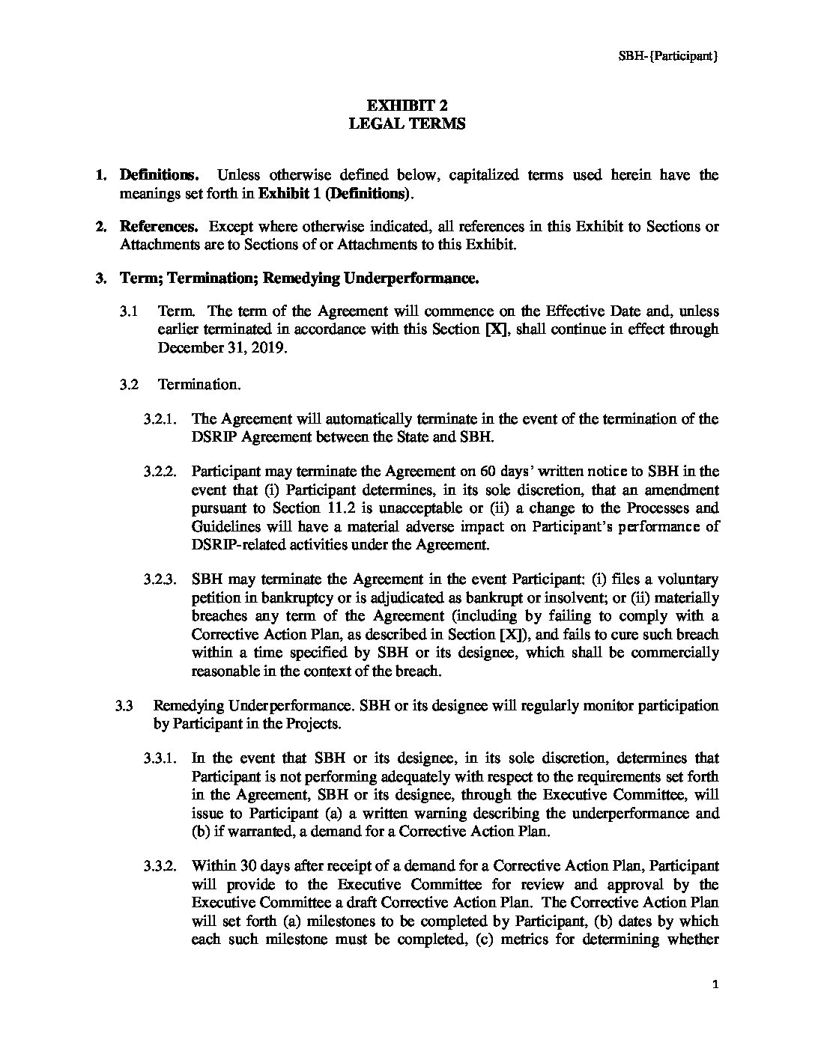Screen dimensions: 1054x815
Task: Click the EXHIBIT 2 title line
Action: (x=407, y=106)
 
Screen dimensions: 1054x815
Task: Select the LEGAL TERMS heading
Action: (x=407, y=124)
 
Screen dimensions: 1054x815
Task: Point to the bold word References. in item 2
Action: (x=160, y=227)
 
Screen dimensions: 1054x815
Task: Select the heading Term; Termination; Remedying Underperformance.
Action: (x=299, y=278)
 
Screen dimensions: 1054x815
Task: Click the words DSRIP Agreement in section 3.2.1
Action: (x=249, y=437)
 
